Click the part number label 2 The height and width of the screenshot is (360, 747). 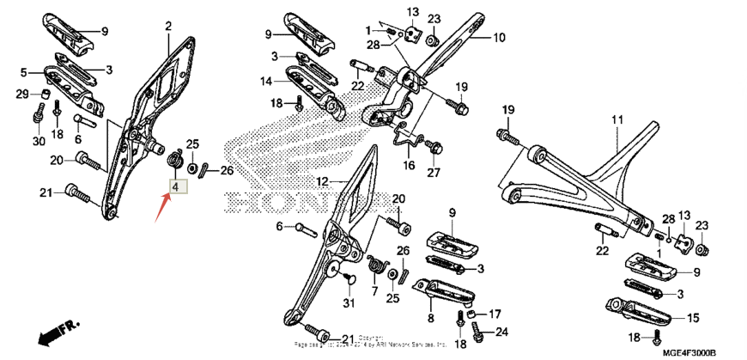(168, 26)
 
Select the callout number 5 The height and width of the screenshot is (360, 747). (24, 72)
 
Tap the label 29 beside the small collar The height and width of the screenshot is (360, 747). (21, 93)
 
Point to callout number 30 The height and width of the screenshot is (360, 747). (39, 141)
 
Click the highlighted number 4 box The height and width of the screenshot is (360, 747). (175, 186)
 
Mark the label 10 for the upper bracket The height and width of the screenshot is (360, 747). (499, 37)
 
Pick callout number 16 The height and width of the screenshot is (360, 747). (410, 165)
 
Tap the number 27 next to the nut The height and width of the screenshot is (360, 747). (434, 172)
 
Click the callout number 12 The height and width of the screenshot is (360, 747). (322, 181)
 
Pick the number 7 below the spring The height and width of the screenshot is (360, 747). (374, 291)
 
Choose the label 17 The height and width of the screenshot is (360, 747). (495, 314)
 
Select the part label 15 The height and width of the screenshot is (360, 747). (692, 317)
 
